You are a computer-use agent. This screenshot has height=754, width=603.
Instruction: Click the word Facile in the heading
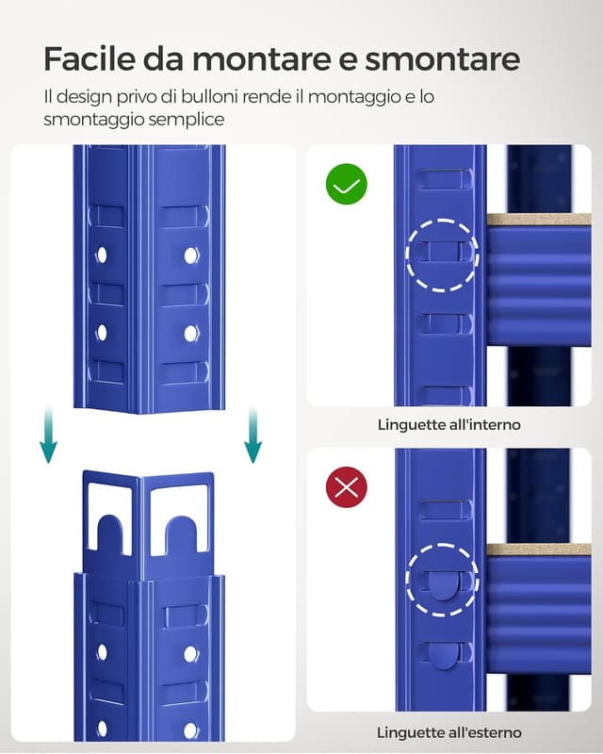pyautogui.click(x=89, y=59)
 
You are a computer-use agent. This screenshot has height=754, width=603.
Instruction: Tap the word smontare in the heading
pyautogui.click(x=442, y=59)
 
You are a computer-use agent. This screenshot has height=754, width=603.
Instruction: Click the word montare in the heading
pyautogui.click(x=265, y=59)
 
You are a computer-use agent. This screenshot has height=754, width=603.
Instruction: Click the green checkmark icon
pyautogui.click(x=346, y=185)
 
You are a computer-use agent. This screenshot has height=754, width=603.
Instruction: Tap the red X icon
pyautogui.click(x=346, y=487)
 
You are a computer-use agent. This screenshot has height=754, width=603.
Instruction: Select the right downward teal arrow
pyautogui.click(x=253, y=434)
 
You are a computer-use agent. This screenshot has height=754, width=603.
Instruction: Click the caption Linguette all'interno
pyautogui.click(x=448, y=425)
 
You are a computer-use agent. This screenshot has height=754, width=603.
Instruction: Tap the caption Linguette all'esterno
pyautogui.click(x=448, y=732)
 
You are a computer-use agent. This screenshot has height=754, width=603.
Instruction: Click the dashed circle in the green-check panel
pyautogui.click(x=443, y=255)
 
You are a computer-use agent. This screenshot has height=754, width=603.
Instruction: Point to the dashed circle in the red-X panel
pyautogui.click(x=443, y=580)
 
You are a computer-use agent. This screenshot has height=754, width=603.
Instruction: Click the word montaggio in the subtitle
pyautogui.click(x=355, y=97)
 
